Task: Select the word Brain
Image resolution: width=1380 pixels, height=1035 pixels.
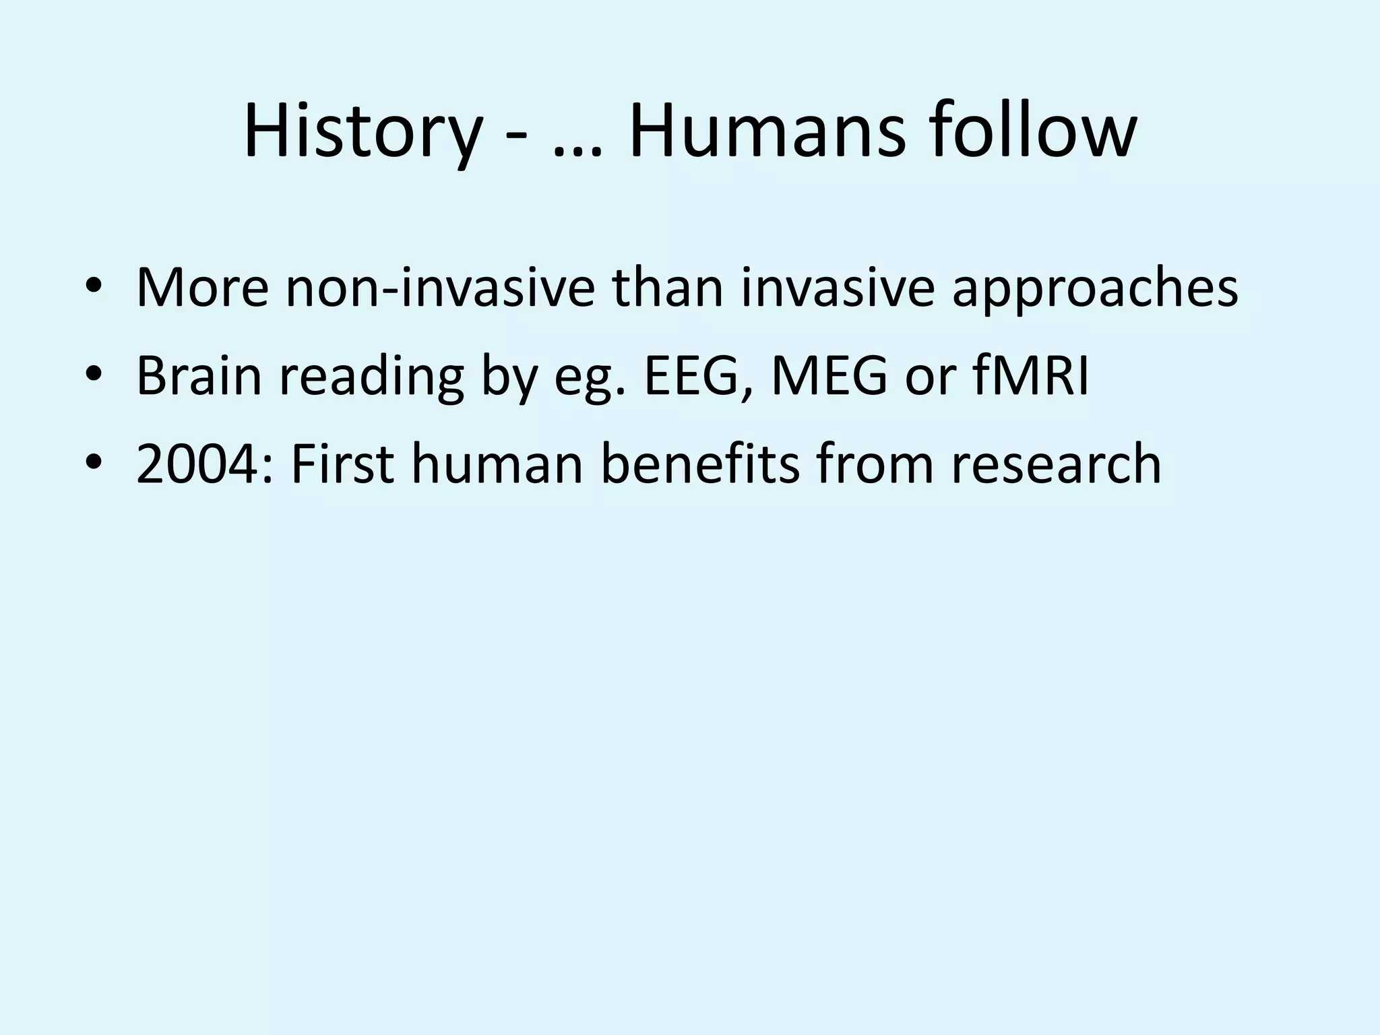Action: click(x=199, y=375)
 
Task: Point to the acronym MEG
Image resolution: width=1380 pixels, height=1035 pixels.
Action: click(x=829, y=375)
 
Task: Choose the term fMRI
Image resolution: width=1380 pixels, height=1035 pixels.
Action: click(x=1031, y=375)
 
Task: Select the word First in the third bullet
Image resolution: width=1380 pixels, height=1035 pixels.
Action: click(x=342, y=463)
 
